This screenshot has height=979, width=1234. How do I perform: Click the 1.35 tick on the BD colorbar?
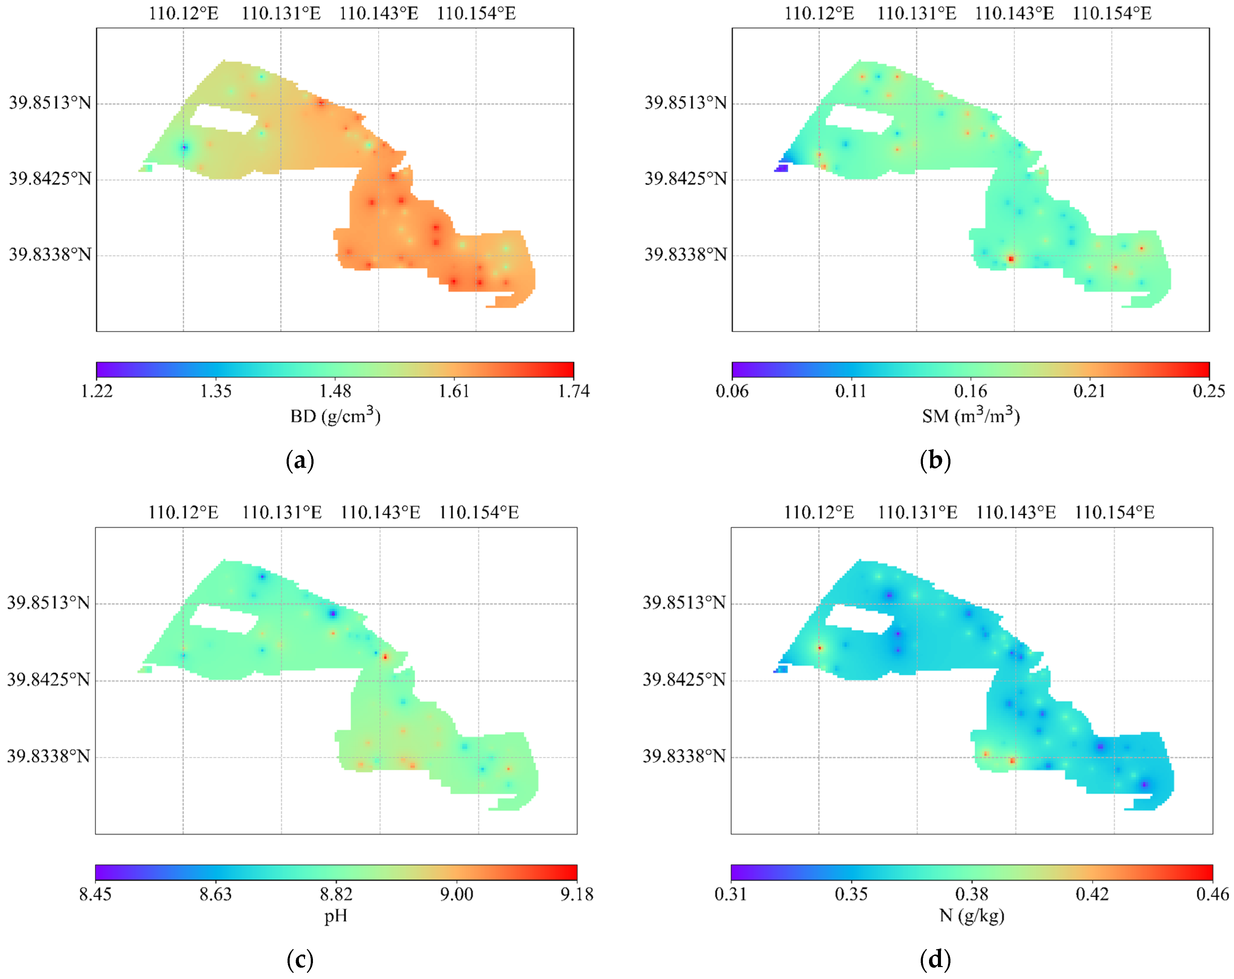[216, 391]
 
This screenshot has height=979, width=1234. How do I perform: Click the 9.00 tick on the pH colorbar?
[456, 894]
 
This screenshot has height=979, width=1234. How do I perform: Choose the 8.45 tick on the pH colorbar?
[95, 894]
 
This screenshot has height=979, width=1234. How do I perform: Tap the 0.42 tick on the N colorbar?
[1092, 894]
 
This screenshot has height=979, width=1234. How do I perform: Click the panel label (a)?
[300, 461]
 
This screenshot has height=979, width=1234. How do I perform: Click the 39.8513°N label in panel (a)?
[50, 103]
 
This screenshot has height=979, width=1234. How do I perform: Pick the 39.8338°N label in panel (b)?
[686, 255]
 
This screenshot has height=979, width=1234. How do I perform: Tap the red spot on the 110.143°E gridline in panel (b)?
[1011, 259]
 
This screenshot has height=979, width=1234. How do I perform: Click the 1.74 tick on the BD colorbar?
[574, 391]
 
